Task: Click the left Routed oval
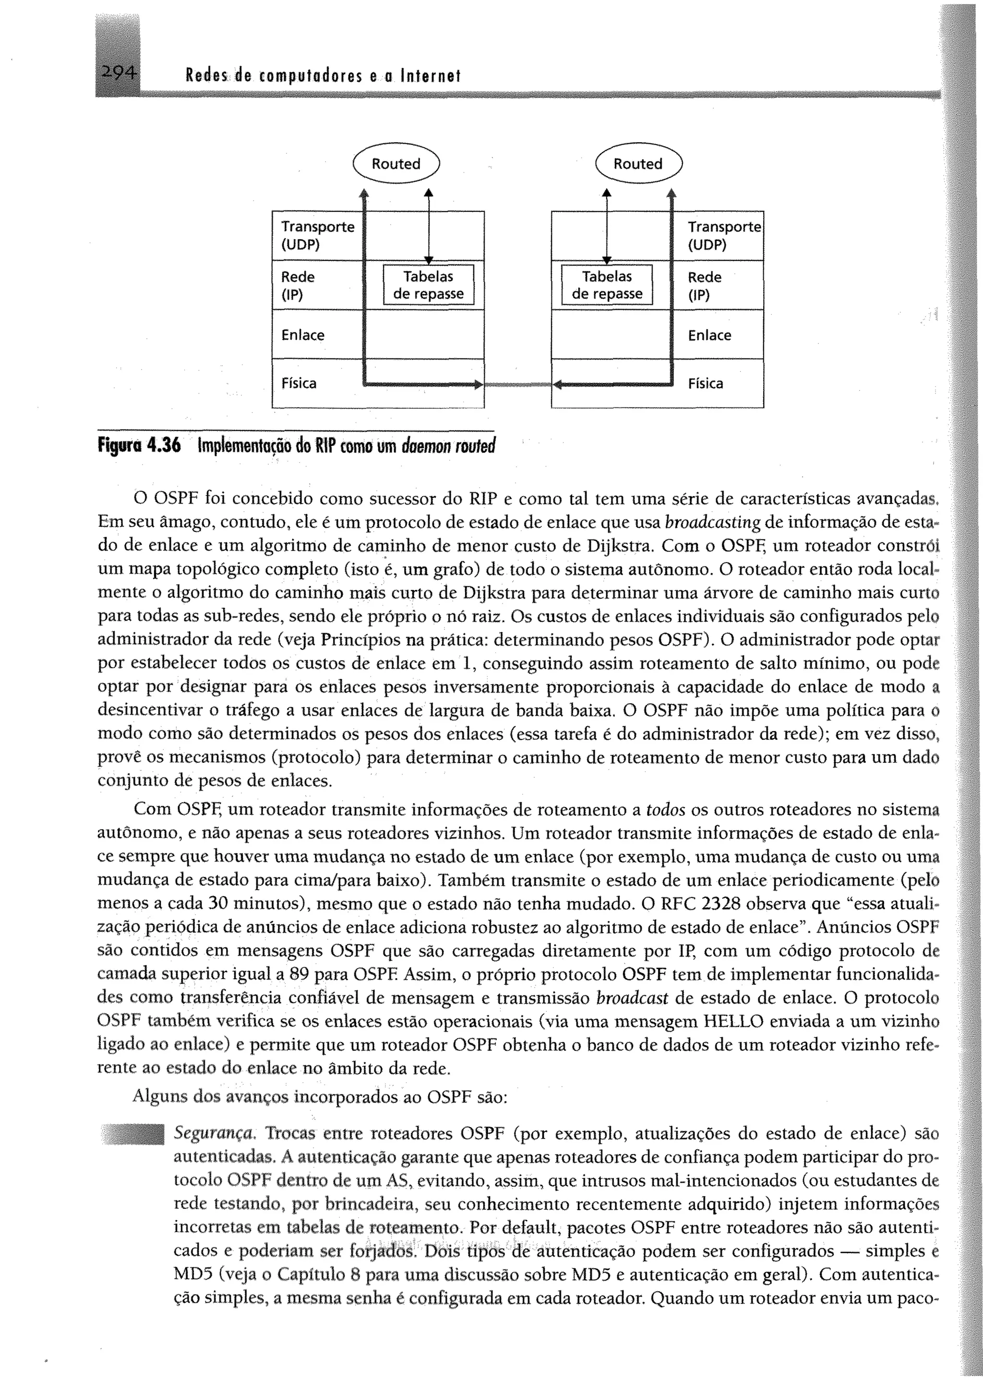click(x=396, y=163)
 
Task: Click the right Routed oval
click(x=638, y=163)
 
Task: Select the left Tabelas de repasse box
click(x=429, y=285)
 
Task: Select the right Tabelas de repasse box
click(x=607, y=285)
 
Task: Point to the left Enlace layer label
click(x=303, y=335)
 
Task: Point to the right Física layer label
click(x=705, y=383)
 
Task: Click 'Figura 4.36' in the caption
click(x=139, y=446)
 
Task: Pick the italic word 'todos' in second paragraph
click(x=666, y=810)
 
